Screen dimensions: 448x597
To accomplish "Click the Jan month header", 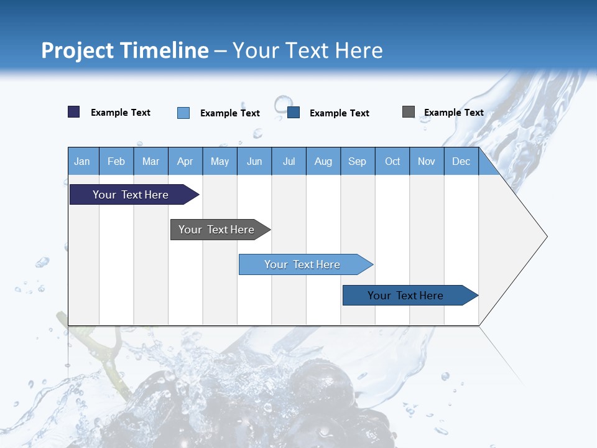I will click(83, 161).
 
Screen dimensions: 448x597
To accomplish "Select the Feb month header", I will click(116, 161).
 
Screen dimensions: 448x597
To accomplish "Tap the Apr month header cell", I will click(185, 161).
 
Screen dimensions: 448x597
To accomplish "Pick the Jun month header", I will click(254, 161).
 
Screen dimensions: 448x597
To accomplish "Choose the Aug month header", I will click(323, 161).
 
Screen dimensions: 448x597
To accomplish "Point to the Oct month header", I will click(392, 161).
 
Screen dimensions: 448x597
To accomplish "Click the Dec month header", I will click(461, 161).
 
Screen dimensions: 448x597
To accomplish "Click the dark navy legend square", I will click(74, 112).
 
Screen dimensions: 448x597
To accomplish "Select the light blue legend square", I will click(183, 113).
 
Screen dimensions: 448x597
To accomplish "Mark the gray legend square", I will click(409, 112).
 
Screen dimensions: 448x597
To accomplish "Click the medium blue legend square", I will click(294, 113).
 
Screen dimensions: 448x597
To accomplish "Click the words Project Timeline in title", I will click(125, 50).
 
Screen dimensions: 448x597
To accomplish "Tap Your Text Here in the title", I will click(308, 50).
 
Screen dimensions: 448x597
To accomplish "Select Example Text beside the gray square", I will click(453, 113).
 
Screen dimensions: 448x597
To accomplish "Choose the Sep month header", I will click(358, 161).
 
